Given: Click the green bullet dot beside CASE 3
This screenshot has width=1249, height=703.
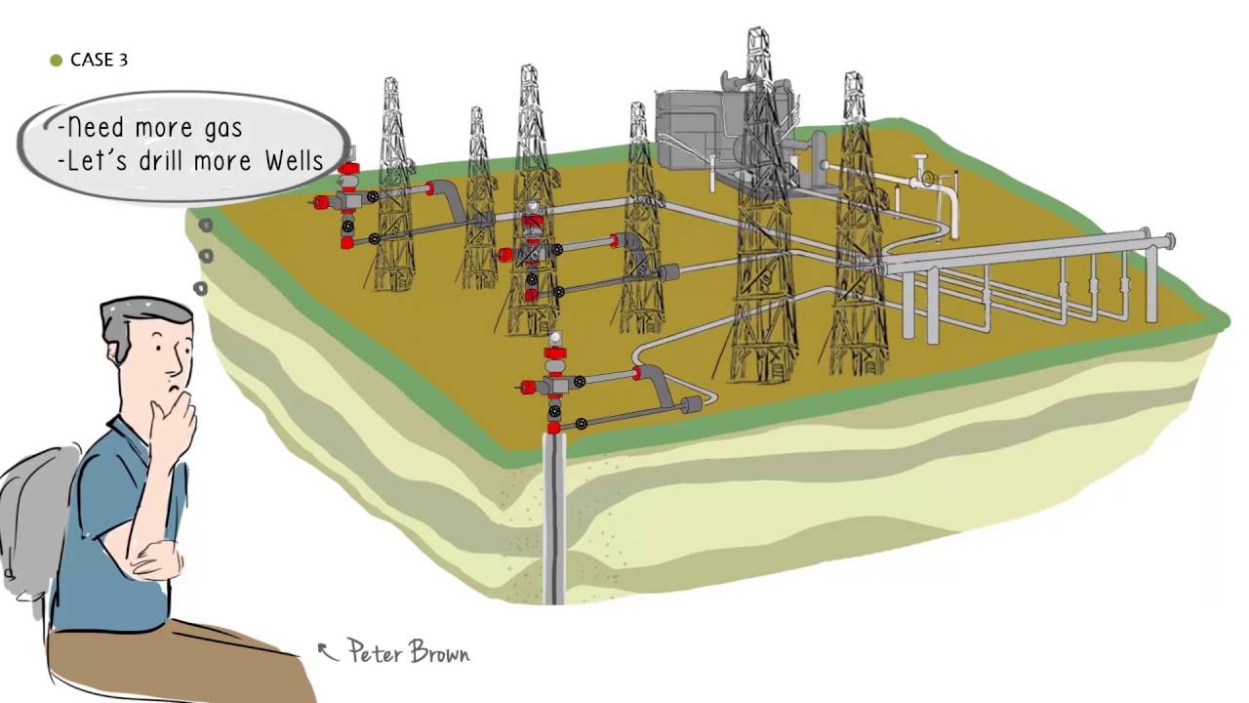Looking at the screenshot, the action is pos(56,61).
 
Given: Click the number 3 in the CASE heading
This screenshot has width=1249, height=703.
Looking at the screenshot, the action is pos(123,61).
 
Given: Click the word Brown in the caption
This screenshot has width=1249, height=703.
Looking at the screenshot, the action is pos(439,652).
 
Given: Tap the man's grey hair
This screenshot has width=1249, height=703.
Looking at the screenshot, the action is pos(141,312).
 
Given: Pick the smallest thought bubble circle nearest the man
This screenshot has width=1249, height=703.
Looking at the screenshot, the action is pos(200,288).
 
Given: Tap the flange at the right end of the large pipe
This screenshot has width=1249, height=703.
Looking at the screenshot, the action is pos(1169,240).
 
